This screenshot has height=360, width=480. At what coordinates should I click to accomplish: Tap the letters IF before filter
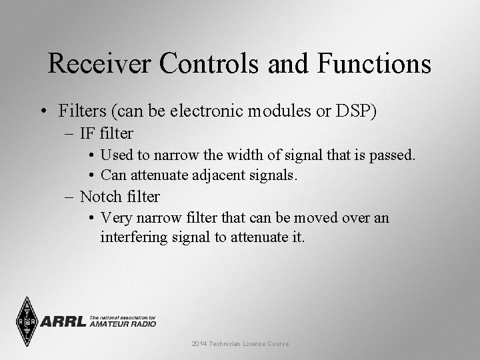87,133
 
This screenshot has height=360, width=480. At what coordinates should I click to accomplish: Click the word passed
393,155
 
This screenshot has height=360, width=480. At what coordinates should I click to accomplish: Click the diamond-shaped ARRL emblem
26,321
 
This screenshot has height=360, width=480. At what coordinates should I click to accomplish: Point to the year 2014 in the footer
199,343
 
